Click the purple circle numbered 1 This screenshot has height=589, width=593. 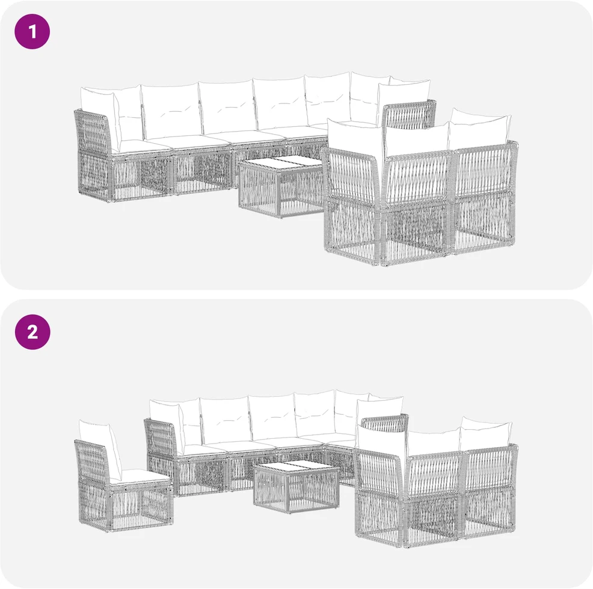32,31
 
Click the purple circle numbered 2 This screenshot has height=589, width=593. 32,332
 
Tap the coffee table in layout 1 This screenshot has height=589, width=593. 280,188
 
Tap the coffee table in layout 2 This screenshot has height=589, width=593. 296,487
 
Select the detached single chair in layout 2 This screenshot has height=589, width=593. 123,477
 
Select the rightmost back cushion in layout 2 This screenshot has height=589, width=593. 486,433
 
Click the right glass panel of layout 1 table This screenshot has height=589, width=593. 301,162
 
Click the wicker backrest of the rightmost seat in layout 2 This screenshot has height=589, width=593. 490,468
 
